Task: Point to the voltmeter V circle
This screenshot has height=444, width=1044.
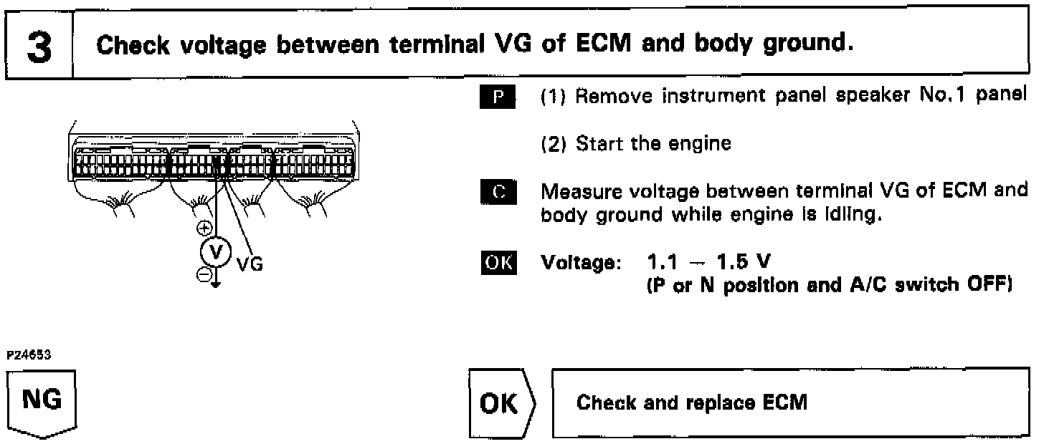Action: click(x=220, y=251)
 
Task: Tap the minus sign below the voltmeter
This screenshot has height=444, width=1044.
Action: click(x=205, y=274)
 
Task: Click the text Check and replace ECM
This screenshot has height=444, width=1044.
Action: click(x=692, y=403)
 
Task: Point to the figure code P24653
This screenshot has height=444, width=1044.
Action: click(x=23, y=354)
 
